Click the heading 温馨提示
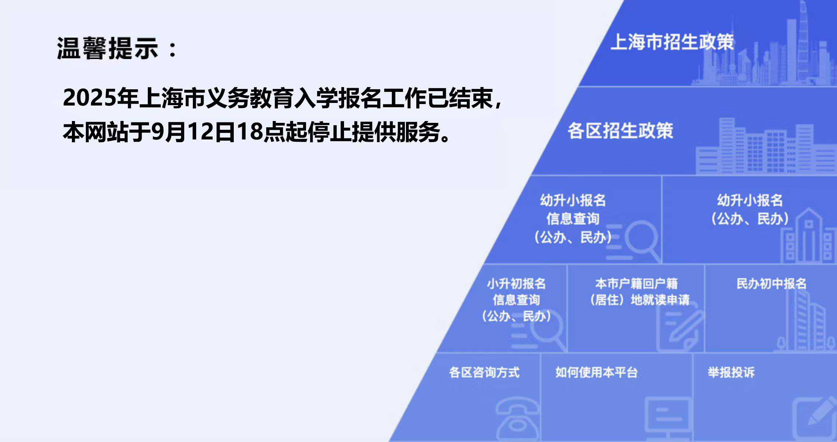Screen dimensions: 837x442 pyautogui.click(x=108, y=48)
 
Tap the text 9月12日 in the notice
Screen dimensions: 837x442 pyautogui.click(x=193, y=132)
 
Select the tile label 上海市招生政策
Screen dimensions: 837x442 pyautogui.click(x=672, y=42)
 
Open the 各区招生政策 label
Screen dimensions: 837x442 pyautogui.click(x=620, y=131)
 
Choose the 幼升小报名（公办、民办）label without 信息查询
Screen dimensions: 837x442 pyautogui.click(x=750, y=210)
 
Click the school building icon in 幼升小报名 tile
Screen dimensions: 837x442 pyautogui.click(x=808, y=236)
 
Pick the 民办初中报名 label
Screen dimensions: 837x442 pyautogui.click(x=771, y=284)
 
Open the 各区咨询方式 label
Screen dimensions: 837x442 pyautogui.click(x=484, y=372)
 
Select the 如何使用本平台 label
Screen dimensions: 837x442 pyautogui.click(x=597, y=372)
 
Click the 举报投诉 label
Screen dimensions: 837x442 pyautogui.click(x=731, y=372)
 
